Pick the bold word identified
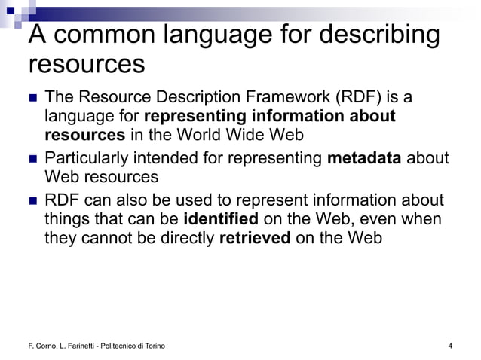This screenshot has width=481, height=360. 221,219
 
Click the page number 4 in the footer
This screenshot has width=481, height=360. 449,346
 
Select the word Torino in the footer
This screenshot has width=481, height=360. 154,346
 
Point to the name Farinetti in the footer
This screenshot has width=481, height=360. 71,346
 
